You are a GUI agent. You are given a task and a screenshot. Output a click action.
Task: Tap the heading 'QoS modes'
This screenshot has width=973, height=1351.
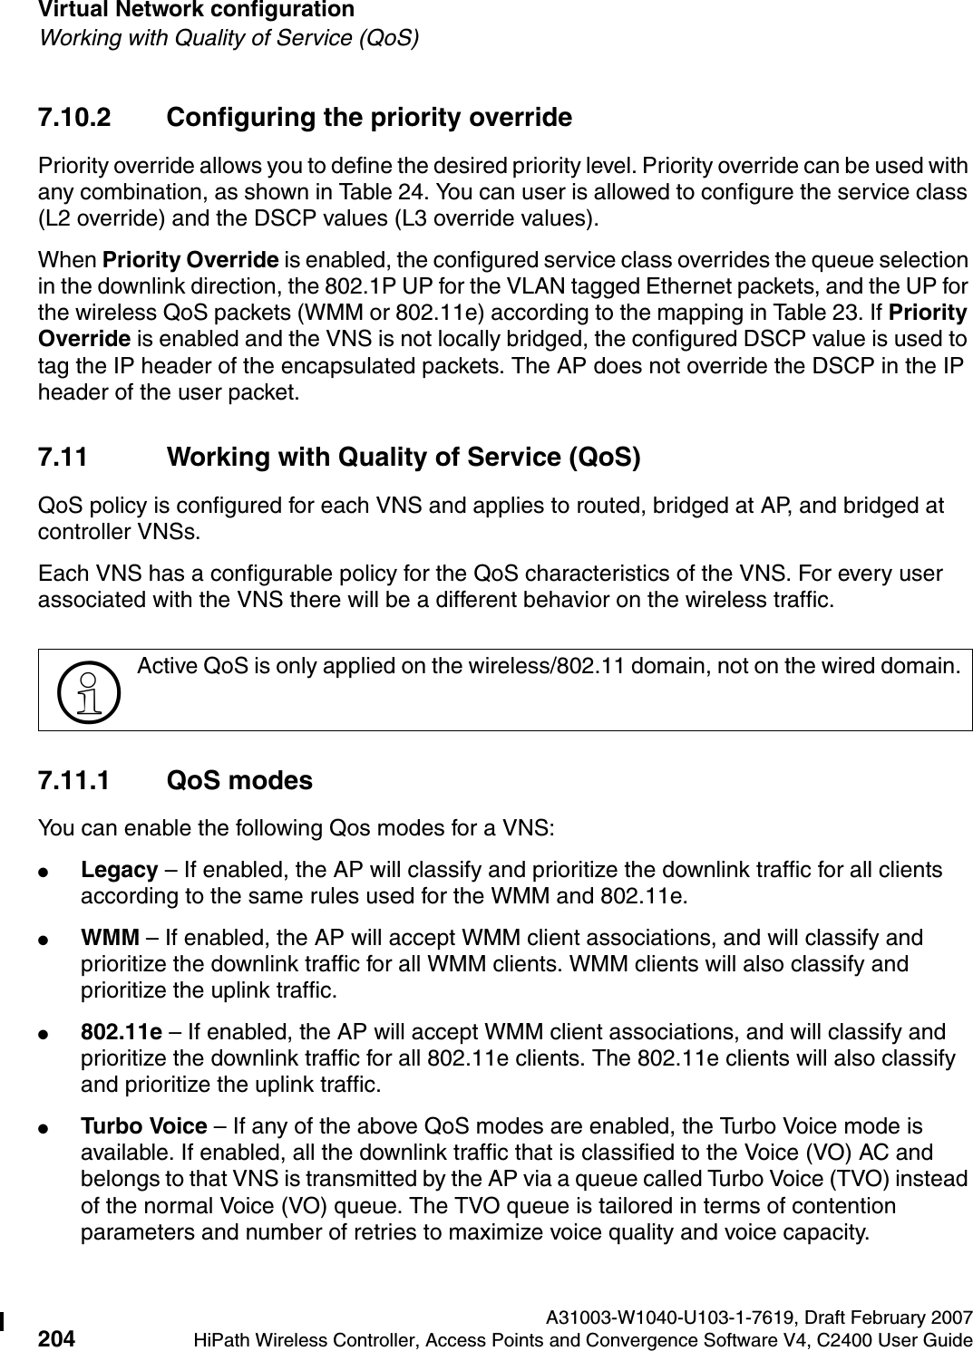240,781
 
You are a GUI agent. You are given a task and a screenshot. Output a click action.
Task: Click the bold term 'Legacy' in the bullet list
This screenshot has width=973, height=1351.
120,871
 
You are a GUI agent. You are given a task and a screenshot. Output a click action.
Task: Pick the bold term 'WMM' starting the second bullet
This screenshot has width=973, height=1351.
111,937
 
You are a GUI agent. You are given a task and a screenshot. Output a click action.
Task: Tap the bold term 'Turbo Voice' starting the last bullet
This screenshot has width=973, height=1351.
144,1127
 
